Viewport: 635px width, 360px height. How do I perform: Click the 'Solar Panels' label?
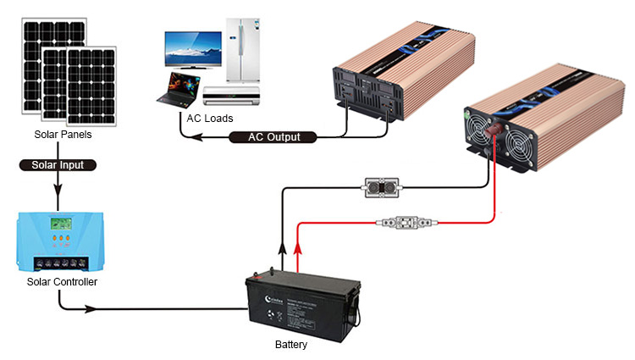click(x=63, y=135)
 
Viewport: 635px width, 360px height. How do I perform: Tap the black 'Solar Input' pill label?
click(x=58, y=164)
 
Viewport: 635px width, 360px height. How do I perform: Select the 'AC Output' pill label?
click(x=273, y=137)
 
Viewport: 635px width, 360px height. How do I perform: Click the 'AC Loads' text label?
click(x=209, y=118)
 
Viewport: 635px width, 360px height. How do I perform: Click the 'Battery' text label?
click(x=291, y=345)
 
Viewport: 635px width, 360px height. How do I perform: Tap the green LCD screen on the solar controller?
click(x=60, y=226)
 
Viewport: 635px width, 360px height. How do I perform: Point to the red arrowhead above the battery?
click(x=296, y=247)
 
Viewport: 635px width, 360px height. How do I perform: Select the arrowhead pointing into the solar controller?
click(x=58, y=204)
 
